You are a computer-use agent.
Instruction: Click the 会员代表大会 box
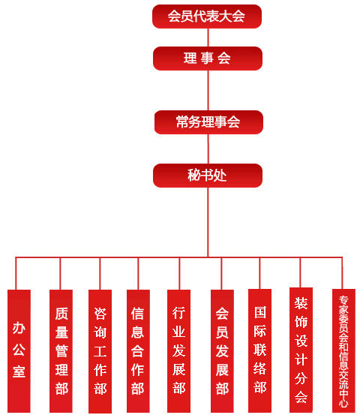pyautogui.click(x=207, y=17)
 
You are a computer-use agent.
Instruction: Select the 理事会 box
pyautogui.click(x=208, y=59)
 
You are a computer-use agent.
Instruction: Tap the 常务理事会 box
pyautogui.click(x=208, y=122)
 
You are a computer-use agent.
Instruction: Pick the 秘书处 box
pyautogui.click(x=208, y=176)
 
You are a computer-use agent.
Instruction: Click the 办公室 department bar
pyautogui.click(x=19, y=351)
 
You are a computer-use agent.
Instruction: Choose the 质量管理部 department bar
pyautogui.click(x=61, y=351)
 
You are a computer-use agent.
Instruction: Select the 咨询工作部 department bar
pyautogui.click(x=100, y=351)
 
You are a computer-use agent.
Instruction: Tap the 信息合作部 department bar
pyautogui.click(x=138, y=351)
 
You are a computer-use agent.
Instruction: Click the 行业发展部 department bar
pyautogui.click(x=178, y=351)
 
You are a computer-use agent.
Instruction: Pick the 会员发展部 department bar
pyautogui.click(x=222, y=351)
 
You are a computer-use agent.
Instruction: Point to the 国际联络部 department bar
pyautogui.click(x=259, y=350)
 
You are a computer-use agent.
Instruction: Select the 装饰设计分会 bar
pyautogui.click(x=301, y=350)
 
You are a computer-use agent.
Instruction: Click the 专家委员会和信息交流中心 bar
pyautogui.click(x=343, y=350)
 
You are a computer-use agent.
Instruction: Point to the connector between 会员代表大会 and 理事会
pyautogui.click(x=208, y=38)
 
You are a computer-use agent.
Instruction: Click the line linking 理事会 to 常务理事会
pyautogui.click(x=208, y=90)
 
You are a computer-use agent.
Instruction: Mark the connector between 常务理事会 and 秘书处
pyautogui.click(x=208, y=149)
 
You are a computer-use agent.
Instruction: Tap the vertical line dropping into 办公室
pyautogui.click(x=16, y=273)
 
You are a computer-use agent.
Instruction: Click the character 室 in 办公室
pyautogui.click(x=19, y=371)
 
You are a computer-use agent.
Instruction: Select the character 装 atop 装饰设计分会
pyautogui.click(x=301, y=303)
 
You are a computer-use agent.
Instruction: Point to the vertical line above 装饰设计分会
pyautogui.click(x=300, y=272)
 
